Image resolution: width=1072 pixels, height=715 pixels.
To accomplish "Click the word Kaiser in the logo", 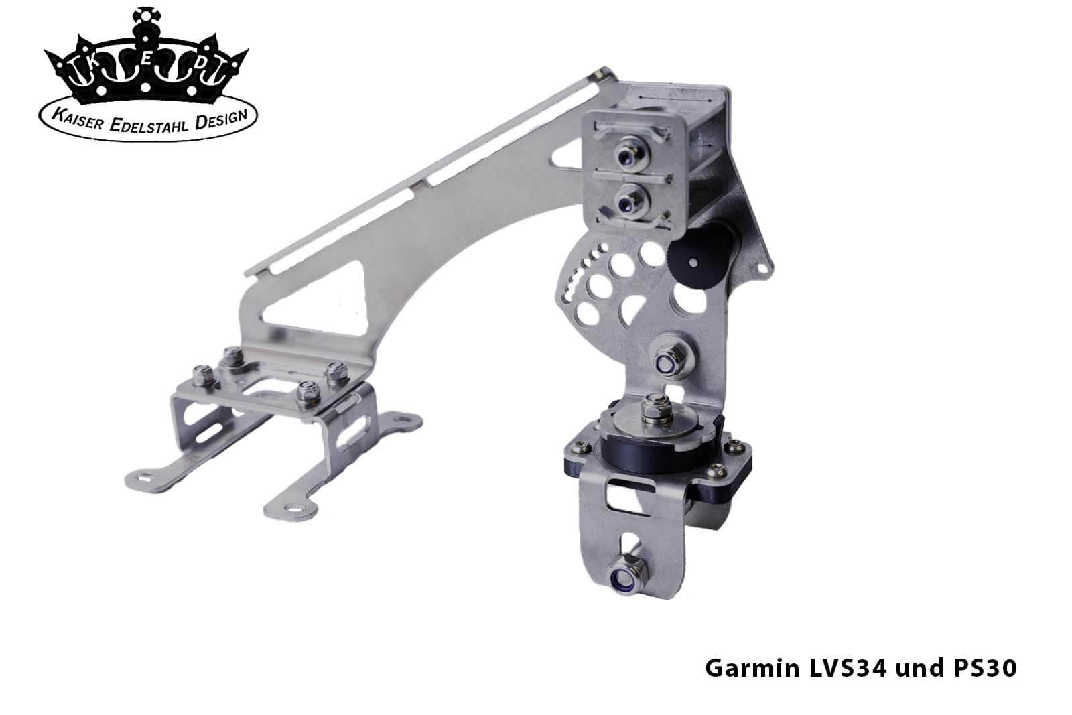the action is tap(76, 119).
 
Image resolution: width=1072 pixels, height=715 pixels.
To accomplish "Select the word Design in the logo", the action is tap(221, 120).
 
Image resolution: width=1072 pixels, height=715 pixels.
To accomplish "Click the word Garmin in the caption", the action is tap(752, 668).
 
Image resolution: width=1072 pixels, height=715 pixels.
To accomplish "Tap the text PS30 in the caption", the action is tap(986, 668).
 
